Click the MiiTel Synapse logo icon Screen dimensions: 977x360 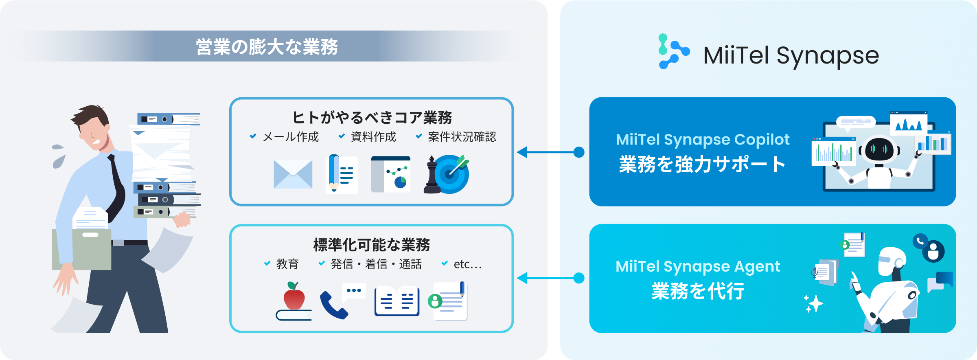(674, 51)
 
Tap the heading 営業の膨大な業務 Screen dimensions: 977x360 (267, 47)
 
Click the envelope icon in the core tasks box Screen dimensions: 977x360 (293, 174)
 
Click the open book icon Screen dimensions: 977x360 (397, 301)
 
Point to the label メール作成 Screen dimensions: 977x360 (291, 137)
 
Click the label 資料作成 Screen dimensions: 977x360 (373, 137)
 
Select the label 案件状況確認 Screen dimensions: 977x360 (462, 137)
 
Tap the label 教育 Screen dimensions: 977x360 (287, 264)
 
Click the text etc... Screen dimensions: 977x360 (468, 264)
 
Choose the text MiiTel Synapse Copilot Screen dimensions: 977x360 (703, 140)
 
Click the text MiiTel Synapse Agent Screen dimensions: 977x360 (698, 267)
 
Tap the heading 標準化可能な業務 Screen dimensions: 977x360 (372, 245)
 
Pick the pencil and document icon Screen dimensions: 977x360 (342, 174)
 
